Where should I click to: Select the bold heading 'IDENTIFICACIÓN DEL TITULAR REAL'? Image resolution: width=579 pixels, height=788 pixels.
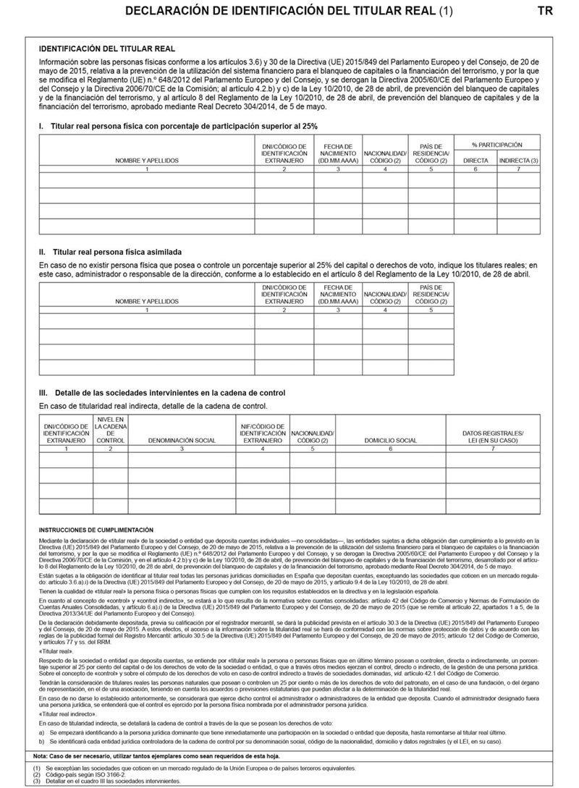coord(106,48)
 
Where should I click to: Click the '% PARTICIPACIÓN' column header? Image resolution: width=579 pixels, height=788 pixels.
coord(497,145)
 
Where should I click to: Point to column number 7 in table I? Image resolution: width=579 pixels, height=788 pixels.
coord(518,169)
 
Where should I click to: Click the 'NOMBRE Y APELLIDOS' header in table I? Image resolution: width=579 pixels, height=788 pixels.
coord(147,159)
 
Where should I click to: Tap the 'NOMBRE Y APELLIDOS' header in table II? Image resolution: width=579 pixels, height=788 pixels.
coord(147,300)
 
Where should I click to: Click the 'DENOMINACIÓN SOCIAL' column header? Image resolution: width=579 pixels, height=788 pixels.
coord(182,440)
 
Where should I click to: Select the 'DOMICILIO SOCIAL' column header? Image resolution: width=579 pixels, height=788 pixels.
coord(390,440)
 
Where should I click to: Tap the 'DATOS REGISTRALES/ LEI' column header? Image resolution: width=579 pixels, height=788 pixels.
coord(492,436)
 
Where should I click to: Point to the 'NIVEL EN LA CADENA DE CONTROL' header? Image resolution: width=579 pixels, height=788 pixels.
coord(111,429)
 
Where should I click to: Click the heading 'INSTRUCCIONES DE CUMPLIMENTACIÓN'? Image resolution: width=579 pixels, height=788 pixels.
coord(96,530)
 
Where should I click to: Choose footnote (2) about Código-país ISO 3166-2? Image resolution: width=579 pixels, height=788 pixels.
coord(76,775)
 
